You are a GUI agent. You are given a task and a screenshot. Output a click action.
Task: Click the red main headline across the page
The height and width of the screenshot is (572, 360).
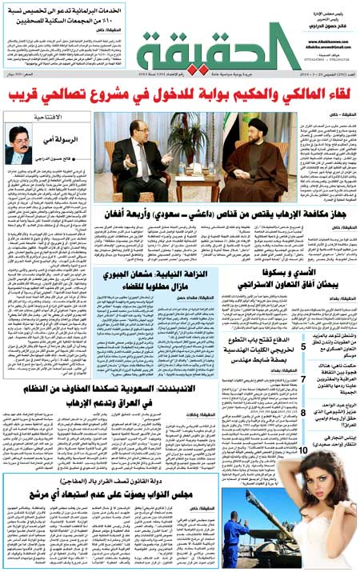[x=180, y=96]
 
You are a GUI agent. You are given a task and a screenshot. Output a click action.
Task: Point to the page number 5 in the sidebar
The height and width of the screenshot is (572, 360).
[x=303, y=346]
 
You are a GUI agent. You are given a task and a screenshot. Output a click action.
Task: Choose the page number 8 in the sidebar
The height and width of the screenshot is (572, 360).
[x=303, y=412]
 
